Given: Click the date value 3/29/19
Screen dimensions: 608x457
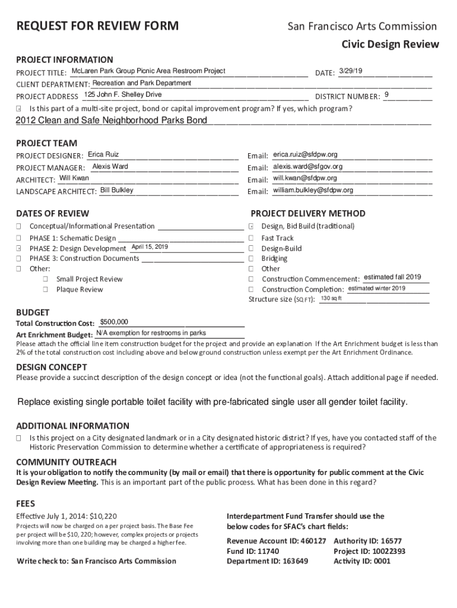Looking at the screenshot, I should click(350, 71).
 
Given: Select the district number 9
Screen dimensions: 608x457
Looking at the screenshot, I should click(387, 95).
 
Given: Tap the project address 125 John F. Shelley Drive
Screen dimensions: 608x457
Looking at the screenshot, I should click(123, 95).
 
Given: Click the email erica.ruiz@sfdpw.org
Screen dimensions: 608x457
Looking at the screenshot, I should click(305, 155).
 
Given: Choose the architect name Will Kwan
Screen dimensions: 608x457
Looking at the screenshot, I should click(75, 178).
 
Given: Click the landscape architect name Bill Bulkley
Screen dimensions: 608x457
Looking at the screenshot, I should click(117, 190).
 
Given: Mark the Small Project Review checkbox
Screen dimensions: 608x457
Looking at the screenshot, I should click(45, 279).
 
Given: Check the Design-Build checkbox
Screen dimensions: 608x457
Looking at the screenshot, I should click(251, 248).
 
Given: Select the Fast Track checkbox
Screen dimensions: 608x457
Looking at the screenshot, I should click(251, 238).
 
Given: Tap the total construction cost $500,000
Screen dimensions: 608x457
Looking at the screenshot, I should click(115, 322).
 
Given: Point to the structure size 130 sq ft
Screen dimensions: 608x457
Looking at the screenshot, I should click(331, 298).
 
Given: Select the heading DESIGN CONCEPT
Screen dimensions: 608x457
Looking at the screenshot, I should click(52, 366).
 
